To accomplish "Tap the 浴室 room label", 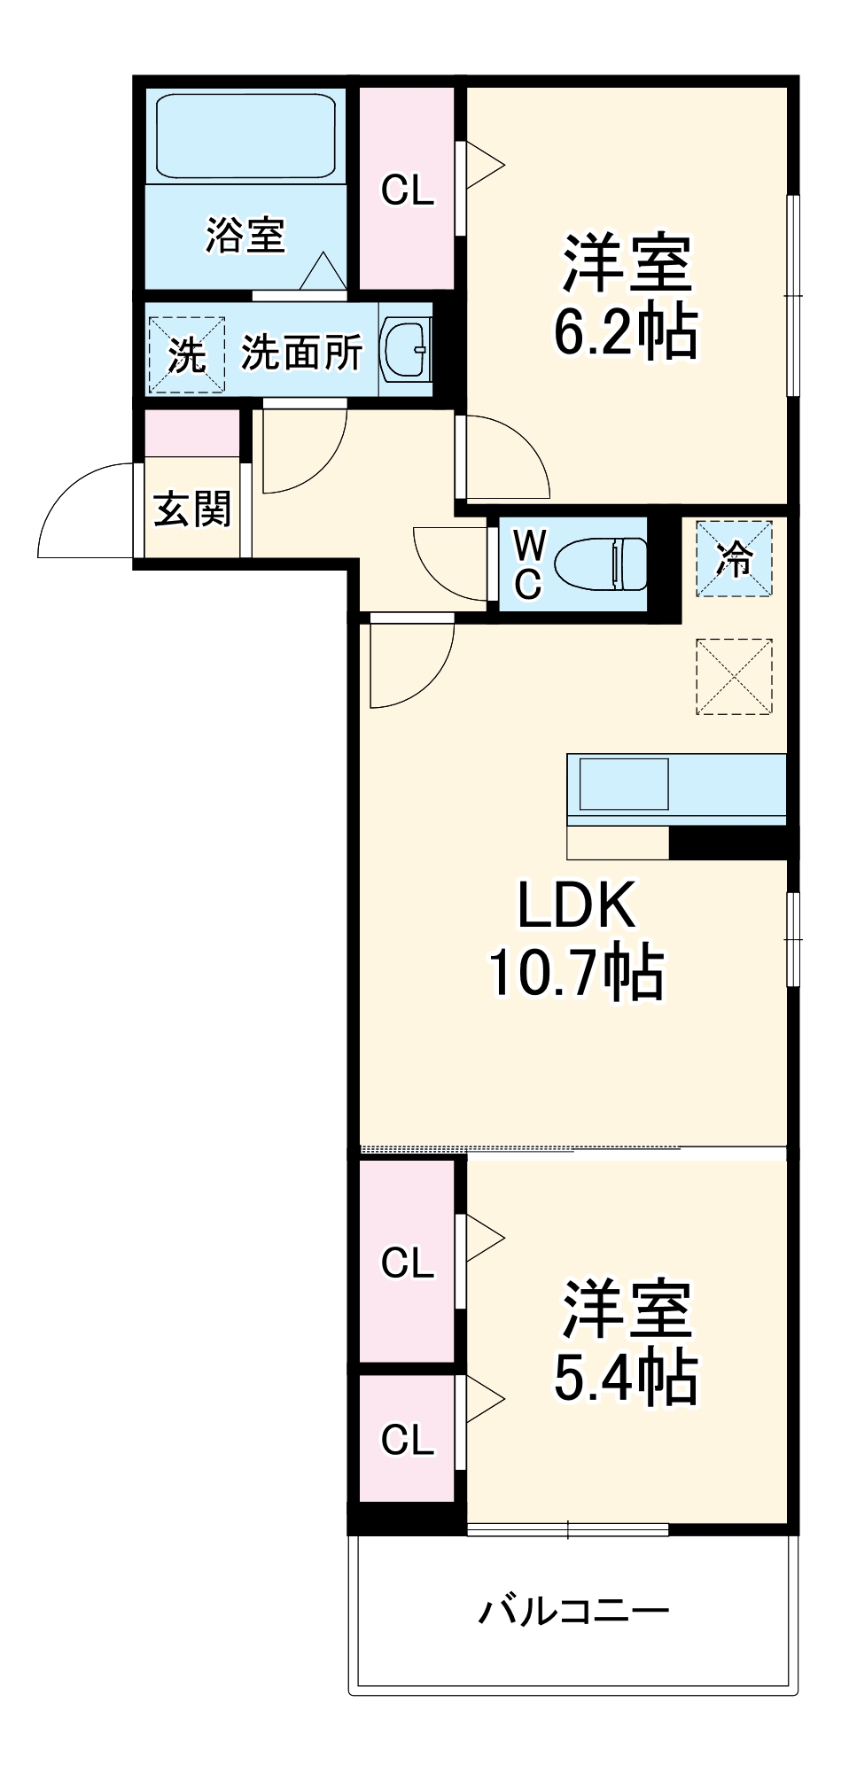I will (245, 236).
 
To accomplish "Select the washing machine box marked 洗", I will (186, 354).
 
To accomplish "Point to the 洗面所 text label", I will (301, 353).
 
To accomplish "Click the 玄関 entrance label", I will (192, 509).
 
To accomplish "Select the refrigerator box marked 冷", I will (734, 559).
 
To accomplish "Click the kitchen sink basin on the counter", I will (623, 784).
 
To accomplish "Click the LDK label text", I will (576, 905).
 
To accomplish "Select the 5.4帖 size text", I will (626, 1378).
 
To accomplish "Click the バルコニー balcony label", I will (574, 1610).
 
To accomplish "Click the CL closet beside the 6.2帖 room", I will (408, 190).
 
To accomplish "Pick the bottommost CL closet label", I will (408, 1440).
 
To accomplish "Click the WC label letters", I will (528, 563).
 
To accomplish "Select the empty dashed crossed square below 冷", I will (734, 677).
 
